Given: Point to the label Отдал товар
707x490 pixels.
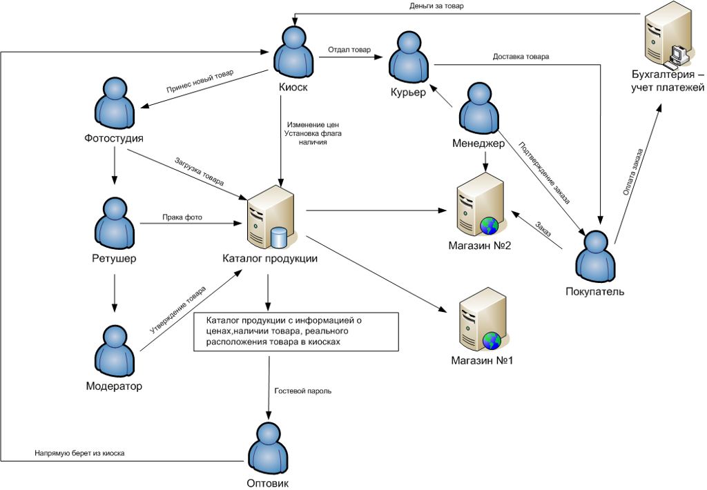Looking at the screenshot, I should (x=349, y=50).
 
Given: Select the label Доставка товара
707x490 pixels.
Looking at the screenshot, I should (x=521, y=57).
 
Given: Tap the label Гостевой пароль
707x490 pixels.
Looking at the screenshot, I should (x=303, y=391).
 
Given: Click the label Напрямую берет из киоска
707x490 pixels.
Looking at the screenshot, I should (x=79, y=453).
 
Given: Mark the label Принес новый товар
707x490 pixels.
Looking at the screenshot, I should (x=200, y=82).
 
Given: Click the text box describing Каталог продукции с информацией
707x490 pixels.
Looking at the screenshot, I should (x=297, y=331).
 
